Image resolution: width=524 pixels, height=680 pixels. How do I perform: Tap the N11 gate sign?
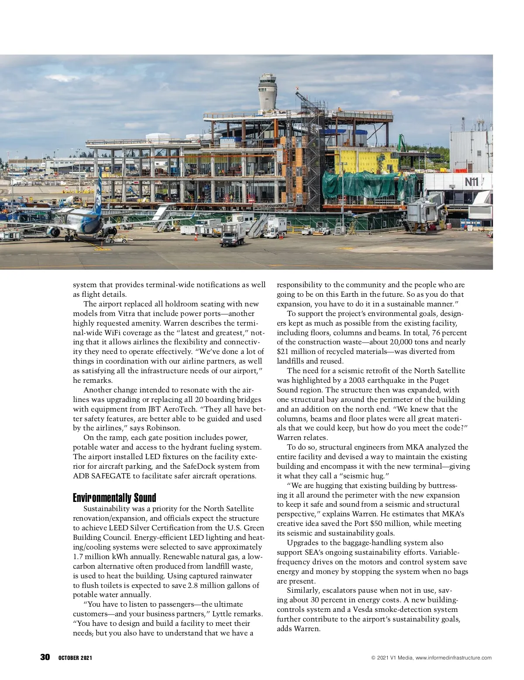pos(471,182)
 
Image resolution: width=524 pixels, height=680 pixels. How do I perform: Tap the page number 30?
pos(45,657)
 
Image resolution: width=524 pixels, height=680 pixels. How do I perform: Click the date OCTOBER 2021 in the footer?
pos(75,658)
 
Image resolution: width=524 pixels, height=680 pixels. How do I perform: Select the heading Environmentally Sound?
pos(114,498)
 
